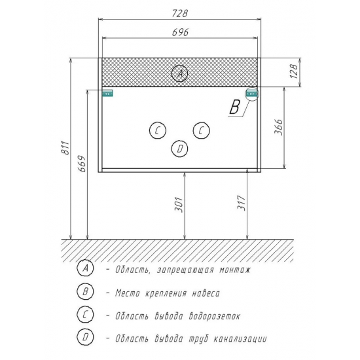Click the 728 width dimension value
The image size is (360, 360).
[180, 13]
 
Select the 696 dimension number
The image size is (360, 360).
[180, 32]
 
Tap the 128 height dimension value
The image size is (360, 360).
[295, 71]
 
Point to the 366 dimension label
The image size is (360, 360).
[278, 127]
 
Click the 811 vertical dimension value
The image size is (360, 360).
[66, 148]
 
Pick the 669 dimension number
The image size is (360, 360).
[82, 164]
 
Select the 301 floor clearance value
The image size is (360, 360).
[179, 204]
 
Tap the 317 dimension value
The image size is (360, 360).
[242, 203]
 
